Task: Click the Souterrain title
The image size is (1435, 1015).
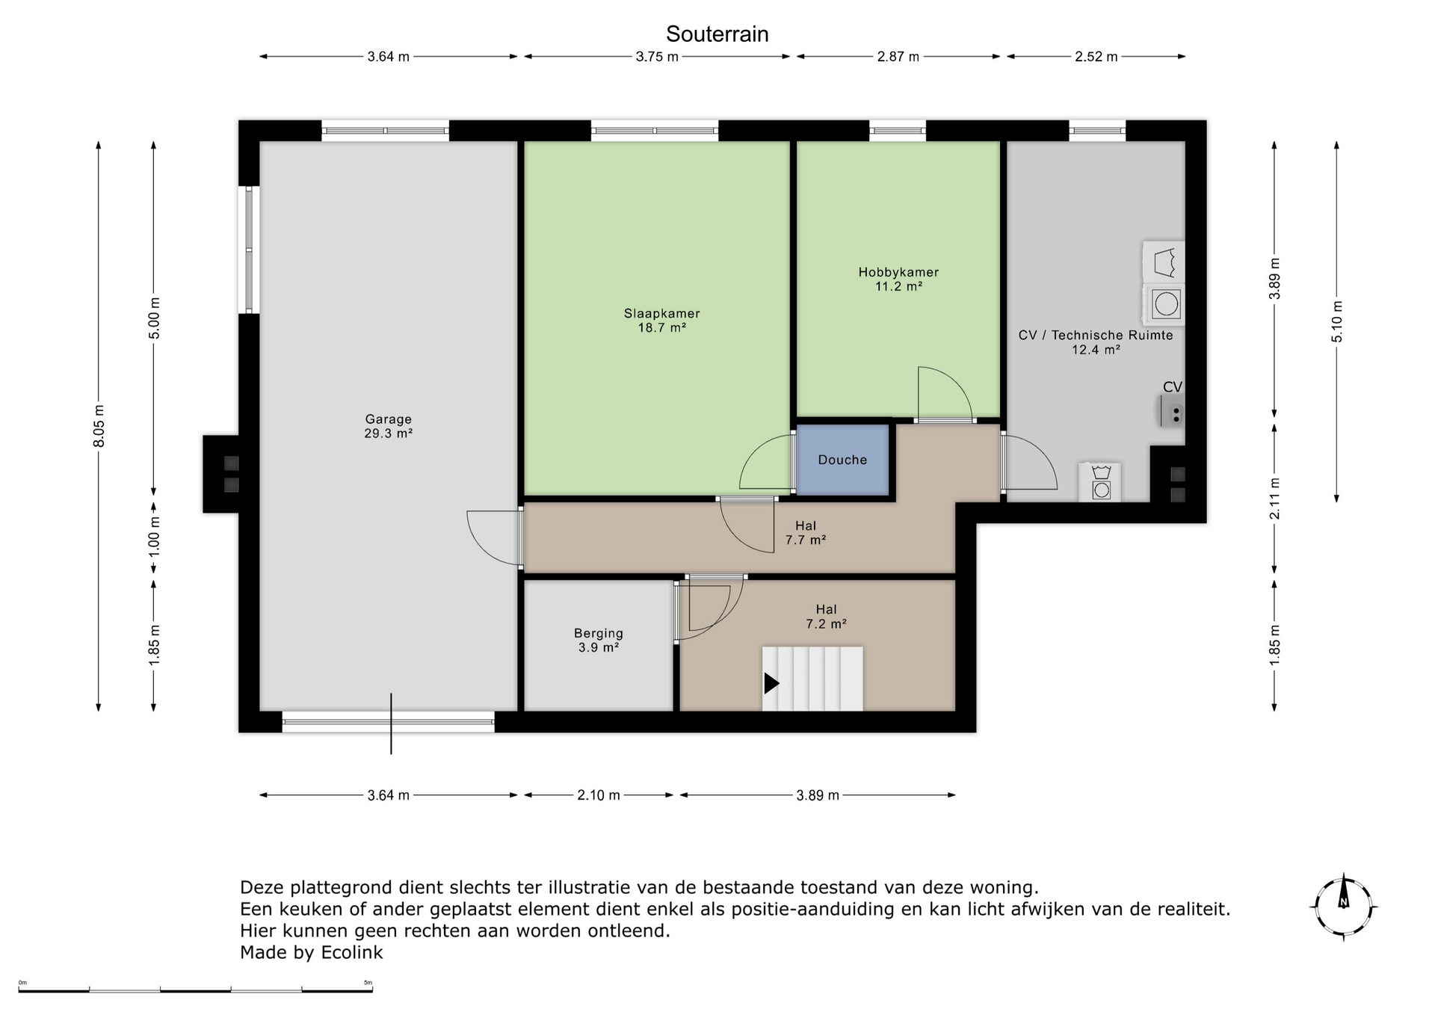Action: pos(717,34)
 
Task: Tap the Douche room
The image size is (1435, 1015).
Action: pos(842,460)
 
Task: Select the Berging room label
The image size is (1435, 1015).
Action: pos(598,641)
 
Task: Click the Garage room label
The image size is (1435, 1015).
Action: pos(388,426)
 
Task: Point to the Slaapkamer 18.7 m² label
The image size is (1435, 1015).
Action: pos(661,320)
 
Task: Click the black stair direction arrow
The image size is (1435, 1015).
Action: pos(771,683)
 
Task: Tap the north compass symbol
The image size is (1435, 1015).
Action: pos(1344,907)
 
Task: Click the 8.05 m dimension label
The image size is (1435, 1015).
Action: pos(99,426)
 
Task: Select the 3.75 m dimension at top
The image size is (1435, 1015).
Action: pos(657,57)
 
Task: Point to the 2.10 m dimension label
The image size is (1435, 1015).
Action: pos(599,795)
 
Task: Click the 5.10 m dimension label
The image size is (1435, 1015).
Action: pos(1337,321)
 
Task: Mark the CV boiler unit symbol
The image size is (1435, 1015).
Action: pos(1172,411)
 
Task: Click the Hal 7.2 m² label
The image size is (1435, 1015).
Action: pos(826,617)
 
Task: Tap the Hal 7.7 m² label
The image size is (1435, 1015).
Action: pos(806,533)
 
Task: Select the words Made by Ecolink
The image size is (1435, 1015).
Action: pos(311,952)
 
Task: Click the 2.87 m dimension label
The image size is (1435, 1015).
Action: pos(898,57)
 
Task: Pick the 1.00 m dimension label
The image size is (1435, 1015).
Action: pos(154,534)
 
